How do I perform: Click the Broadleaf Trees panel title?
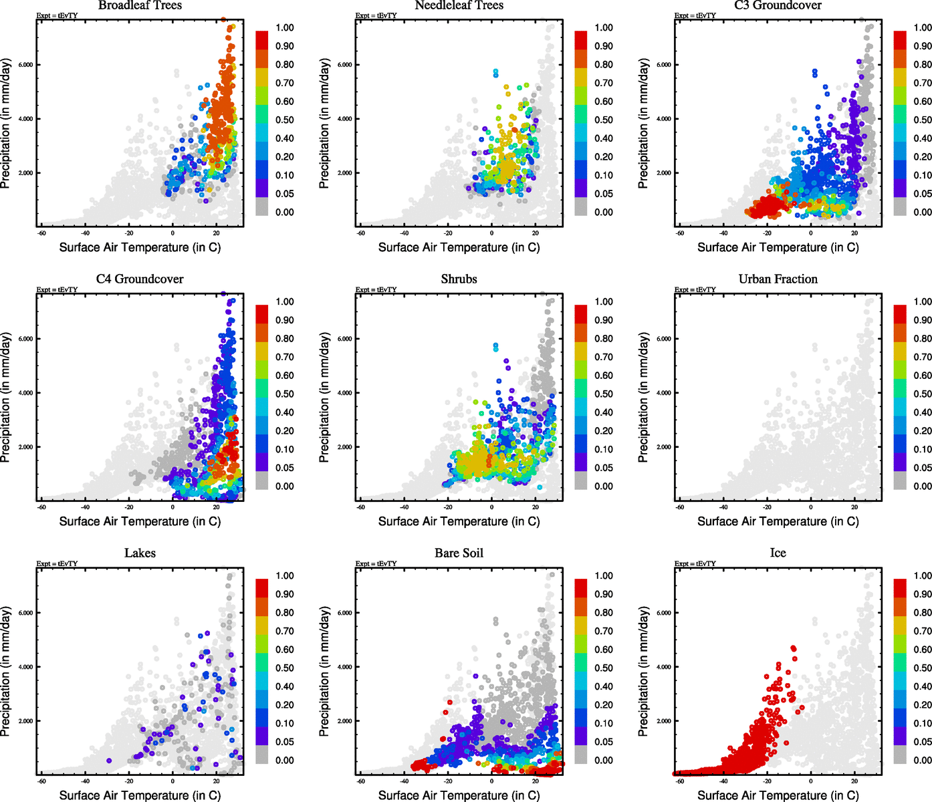point(140,5)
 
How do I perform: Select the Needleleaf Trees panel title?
point(459,5)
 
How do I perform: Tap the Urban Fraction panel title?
point(778,279)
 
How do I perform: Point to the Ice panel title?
point(778,553)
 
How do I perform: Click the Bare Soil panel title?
point(459,553)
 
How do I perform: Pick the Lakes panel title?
point(140,553)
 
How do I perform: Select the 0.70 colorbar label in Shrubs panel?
point(603,357)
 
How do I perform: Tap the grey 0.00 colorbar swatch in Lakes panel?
point(262,755)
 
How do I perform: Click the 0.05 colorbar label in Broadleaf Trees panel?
point(284,194)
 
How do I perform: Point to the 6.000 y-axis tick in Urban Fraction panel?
point(663,339)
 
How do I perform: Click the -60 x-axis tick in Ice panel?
point(680,781)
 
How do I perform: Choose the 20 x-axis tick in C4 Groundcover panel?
point(216,507)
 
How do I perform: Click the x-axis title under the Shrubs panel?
point(459,521)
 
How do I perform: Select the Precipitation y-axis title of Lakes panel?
point(6,671)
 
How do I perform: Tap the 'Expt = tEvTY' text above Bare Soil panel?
point(376,563)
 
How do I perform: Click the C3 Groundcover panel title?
point(778,5)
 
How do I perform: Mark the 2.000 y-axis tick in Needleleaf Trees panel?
point(344,173)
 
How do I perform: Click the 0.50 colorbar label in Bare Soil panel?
point(603,668)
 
